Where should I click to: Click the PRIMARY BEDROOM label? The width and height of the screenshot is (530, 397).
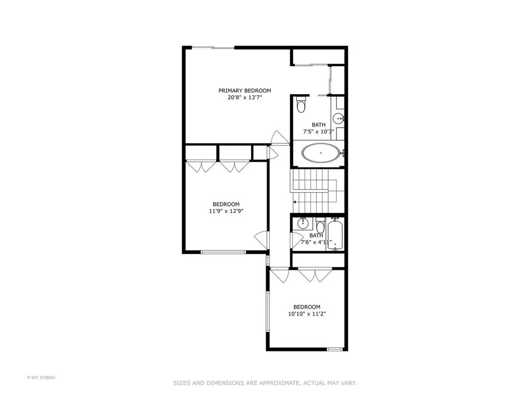click(x=245, y=91)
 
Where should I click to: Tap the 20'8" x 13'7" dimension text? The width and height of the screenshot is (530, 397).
click(x=245, y=97)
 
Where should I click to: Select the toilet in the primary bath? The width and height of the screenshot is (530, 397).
click(x=301, y=104)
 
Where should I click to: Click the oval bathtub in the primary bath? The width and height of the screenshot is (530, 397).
click(x=320, y=154)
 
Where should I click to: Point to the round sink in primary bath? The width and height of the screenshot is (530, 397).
click(x=338, y=119)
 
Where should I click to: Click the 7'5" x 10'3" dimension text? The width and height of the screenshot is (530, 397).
click(x=319, y=132)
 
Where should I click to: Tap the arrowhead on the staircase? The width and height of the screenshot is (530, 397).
click(x=295, y=202)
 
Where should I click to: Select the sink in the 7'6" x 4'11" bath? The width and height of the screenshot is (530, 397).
click(x=303, y=223)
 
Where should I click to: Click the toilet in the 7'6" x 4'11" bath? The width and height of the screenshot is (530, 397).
click(x=320, y=224)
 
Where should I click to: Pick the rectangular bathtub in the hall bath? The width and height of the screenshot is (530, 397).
click(x=335, y=234)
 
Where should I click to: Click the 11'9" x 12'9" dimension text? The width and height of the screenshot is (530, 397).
click(x=226, y=211)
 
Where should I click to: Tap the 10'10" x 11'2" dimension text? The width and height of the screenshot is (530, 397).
click(x=307, y=314)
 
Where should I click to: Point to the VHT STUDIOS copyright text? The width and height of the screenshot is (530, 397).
click(x=41, y=377)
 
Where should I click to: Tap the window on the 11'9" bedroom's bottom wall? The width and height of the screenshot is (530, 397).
click(x=224, y=252)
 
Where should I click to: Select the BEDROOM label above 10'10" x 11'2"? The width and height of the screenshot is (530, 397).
click(x=307, y=307)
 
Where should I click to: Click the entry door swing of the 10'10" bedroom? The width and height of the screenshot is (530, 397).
click(x=279, y=275)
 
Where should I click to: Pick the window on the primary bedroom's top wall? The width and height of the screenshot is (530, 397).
click(x=213, y=48)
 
